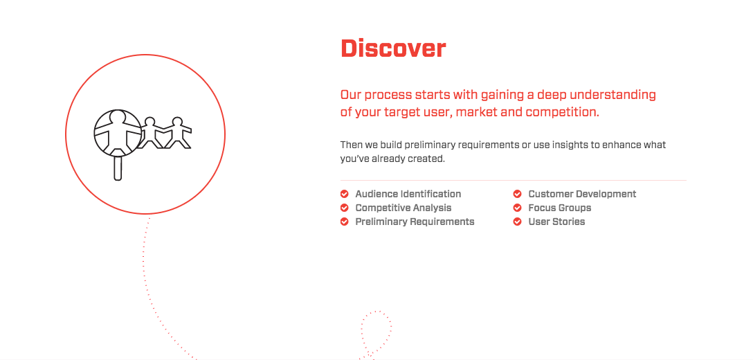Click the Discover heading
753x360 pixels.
click(x=393, y=48)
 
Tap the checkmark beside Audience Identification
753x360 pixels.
click(x=345, y=194)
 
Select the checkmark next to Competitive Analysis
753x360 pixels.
click(x=345, y=208)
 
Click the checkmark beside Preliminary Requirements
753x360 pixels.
click(x=345, y=222)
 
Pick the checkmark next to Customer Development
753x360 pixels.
click(x=517, y=194)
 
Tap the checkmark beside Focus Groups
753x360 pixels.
click(x=517, y=208)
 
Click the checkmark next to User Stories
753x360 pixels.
click(x=517, y=222)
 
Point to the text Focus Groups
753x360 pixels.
click(x=560, y=208)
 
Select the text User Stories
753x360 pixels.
click(x=556, y=222)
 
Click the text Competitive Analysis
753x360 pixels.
click(x=403, y=208)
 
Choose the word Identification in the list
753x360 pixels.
click(x=430, y=194)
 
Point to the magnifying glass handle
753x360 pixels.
click(x=118, y=168)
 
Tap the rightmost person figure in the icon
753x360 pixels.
click(x=178, y=132)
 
